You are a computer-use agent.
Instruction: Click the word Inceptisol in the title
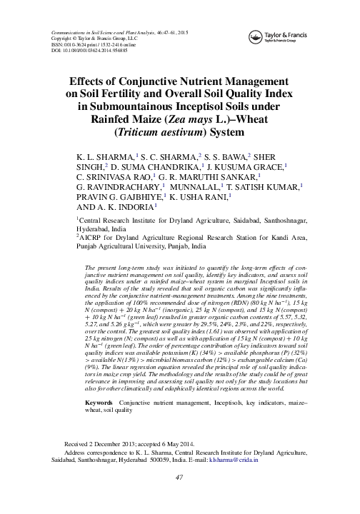[186, 106]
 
